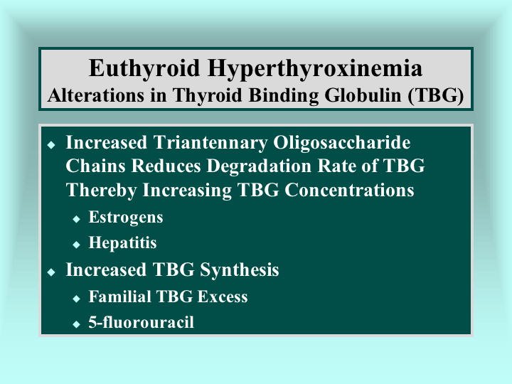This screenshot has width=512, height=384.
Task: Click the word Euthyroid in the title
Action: click(144, 68)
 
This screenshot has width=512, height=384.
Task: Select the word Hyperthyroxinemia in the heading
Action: click(315, 69)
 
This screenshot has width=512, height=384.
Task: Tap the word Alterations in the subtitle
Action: click(96, 95)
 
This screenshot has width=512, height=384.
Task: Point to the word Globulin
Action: click(363, 95)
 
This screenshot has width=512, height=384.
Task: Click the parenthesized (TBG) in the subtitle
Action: click(436, 96)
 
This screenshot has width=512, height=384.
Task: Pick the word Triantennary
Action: click(210, 143)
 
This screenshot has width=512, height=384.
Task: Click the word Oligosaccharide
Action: click(342, 143)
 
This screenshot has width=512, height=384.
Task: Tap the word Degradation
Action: click(259, 166)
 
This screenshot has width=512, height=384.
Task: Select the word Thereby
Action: click(101, 190)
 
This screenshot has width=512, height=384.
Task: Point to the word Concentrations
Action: click(349, 190)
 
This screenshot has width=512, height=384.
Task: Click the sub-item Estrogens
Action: click(126, 218)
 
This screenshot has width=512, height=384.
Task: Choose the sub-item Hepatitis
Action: click(123, 242)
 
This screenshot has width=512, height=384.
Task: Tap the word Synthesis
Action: click(240, 270)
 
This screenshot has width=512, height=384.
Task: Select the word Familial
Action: click(120, 297)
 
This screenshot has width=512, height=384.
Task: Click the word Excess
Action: click(223, 297)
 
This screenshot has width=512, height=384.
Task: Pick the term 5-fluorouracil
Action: click(142, 322)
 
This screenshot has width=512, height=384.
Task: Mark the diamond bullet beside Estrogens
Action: click(76, 219)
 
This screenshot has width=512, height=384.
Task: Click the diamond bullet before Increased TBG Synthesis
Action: click(51, 272)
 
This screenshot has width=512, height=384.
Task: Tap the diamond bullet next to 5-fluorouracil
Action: click(76, 324)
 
